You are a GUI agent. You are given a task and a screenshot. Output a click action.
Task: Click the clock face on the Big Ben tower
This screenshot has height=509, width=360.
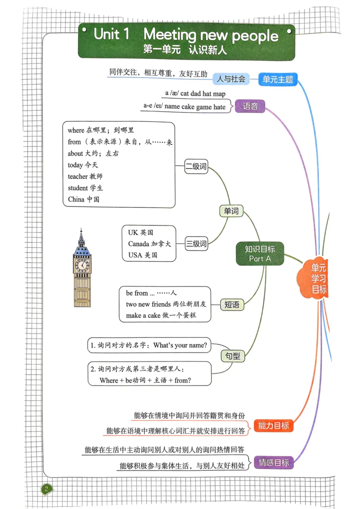click(82, 265)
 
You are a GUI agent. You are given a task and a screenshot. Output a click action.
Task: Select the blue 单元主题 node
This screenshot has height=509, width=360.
click(278, 80)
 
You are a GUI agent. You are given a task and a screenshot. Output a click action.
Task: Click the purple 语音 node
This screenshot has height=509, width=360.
click(250, 107)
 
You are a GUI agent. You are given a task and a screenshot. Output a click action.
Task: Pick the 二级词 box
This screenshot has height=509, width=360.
click(196, 167)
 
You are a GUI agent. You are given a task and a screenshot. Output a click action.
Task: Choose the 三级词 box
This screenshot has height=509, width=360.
click(196, 244)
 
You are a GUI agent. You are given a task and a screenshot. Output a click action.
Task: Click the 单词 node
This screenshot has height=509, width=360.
click(231, 211)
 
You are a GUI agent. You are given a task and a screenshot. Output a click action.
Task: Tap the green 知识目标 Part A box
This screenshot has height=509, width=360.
click(260, 254)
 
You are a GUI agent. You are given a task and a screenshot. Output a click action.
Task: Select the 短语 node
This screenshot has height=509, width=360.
click(232, 305)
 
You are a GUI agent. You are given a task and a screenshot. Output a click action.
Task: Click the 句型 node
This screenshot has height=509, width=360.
click(233, 357)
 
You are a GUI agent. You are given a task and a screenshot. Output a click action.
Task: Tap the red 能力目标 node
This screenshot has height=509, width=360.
click(273, 426)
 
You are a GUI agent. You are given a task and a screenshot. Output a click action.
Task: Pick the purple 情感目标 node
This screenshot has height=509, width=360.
click(273, 462)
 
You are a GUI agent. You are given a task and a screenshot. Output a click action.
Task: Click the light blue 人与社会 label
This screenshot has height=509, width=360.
click(231, 79)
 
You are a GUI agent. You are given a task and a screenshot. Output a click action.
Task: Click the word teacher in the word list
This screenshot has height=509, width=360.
click(78, 177)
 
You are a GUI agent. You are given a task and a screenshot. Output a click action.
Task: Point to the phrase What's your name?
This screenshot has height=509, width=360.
click(180, 345)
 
